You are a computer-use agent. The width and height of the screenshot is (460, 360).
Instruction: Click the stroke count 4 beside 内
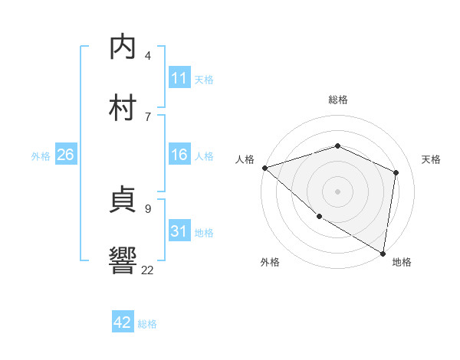tap(148, 56)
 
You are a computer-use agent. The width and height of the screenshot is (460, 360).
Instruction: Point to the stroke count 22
tap(147, 270)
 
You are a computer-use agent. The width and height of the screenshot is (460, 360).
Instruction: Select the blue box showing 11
tap(179, 78)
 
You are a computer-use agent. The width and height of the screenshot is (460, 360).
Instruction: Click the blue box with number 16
tap(179, 155)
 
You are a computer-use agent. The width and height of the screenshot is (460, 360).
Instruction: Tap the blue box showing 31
tap(179, 231)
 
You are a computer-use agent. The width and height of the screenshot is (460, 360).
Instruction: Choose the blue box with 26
tap(65, 155)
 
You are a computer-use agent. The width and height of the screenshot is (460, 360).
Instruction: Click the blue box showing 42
tap(123, 322)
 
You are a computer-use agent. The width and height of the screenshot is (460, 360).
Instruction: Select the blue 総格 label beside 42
tap(147, 324)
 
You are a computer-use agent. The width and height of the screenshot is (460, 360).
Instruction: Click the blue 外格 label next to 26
tap(41, 156)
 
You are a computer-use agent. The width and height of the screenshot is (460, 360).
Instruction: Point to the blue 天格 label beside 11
tap(204, 80)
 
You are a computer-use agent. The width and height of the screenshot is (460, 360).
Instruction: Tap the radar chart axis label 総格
tap(337, 100)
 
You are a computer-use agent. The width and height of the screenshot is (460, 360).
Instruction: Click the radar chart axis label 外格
tap(270, 262)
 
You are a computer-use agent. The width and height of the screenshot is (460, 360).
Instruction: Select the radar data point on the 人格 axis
tap(264, 168)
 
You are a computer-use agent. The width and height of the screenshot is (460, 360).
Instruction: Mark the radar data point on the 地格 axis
tap(383, 253)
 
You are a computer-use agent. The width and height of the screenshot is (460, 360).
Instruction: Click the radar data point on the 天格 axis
tap(396, 172)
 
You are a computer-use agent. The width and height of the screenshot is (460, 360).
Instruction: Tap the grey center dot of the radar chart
tap(337, 191)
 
